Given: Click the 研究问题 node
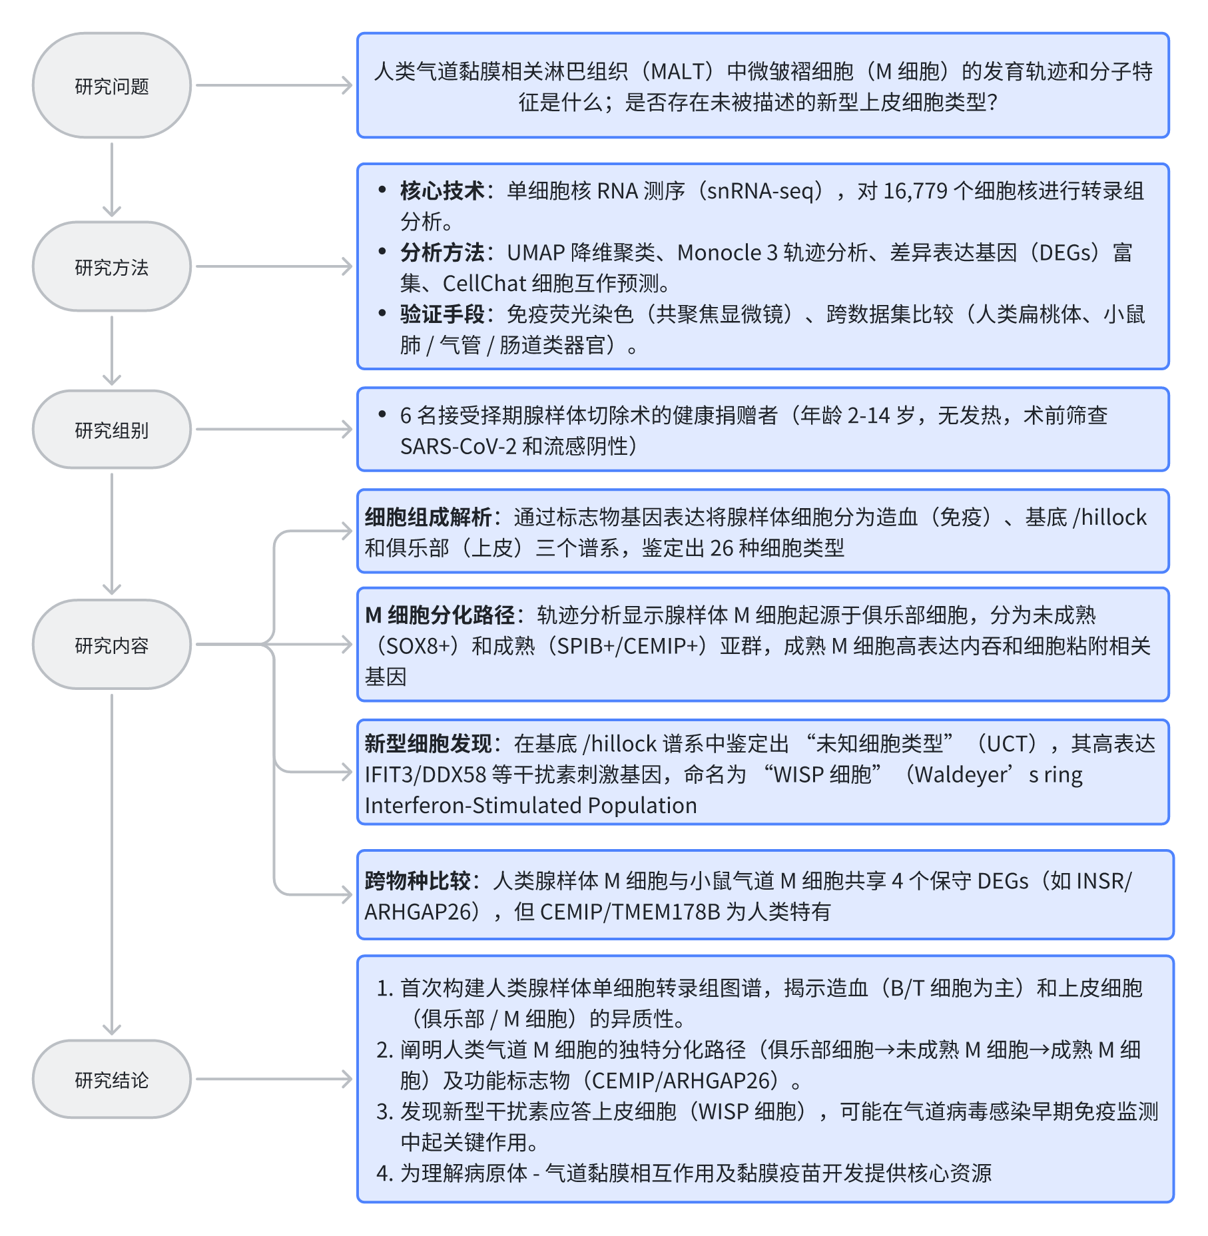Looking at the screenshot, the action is tap(112, 85).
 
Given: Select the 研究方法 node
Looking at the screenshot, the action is tap(112, 266).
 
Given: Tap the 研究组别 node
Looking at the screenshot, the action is tap(112, 430).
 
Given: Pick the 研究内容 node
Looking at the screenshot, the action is tap(112, 644).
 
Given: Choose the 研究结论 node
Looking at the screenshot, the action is tap(112, 1079).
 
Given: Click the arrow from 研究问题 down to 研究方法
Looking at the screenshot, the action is tap(112, 180).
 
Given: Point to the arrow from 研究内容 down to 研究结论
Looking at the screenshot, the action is tap(112, 864).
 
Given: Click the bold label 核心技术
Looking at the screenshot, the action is tap(442, 191).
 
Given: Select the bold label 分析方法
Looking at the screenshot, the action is tap(442, 252).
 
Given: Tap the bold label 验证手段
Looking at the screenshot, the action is tap(442, 314).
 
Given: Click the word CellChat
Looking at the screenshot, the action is tap(484, 284).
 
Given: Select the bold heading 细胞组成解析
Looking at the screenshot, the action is tap(428, 517).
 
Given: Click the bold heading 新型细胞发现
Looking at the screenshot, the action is tap(428, 743).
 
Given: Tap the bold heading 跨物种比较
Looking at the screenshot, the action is tap(418, 880).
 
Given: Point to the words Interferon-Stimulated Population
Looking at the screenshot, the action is tap(531, 805).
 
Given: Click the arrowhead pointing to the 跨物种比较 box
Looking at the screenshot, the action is tap(347, 894).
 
